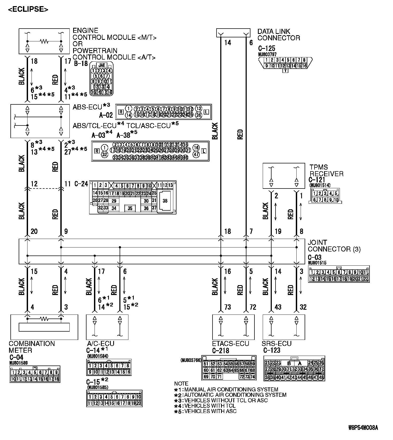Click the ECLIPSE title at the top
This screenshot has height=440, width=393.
point(28,9)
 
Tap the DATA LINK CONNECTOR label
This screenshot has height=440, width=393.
point(278,35)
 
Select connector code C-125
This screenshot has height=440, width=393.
point(266,49)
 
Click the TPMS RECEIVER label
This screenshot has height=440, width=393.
point(326,171)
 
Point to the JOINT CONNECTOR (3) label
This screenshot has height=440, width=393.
point(334,246)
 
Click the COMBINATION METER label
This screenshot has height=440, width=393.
point(32,347)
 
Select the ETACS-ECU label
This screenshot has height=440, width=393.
point(230,344)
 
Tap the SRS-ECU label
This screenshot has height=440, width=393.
point(277,344)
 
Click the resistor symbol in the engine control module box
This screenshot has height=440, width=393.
point(44,41)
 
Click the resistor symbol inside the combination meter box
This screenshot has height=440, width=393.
point(44,319)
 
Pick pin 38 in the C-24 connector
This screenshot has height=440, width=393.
point(165,201)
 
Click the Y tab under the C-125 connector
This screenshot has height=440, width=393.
point(285,71)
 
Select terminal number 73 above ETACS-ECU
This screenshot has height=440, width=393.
point(227,307)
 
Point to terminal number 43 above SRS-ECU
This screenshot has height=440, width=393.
point(278,307)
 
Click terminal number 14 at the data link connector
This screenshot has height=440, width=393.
point(227,42)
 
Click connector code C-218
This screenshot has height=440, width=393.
point(221,351)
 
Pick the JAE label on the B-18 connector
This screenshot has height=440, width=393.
point(102,65)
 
